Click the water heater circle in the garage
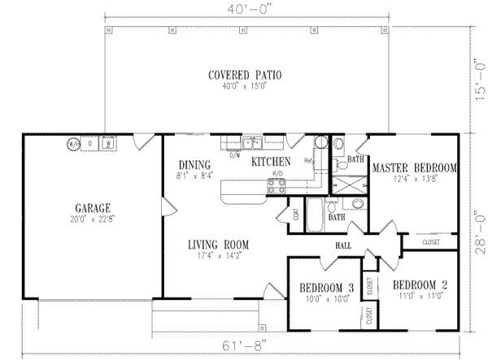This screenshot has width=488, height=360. coord(73,145)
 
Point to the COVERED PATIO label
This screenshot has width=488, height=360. coord(245,75)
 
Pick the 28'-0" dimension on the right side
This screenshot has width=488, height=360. coord(480,232)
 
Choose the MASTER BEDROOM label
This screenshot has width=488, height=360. coord(414,168)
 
